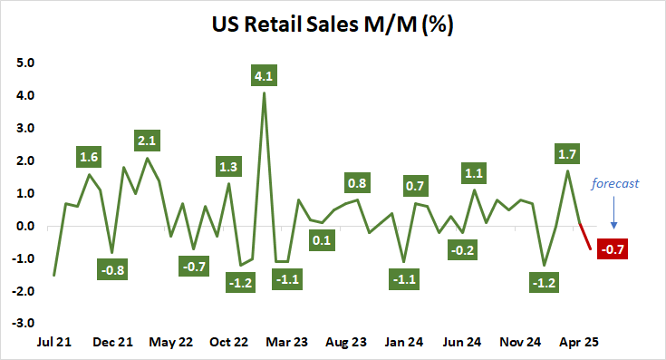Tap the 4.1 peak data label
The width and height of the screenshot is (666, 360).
(264, 74)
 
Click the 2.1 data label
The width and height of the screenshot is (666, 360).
(147, 141)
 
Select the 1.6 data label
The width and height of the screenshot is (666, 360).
(89, 158)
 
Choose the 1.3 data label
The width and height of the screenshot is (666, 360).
(228, 166)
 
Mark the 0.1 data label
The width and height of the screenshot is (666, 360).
(322, 240)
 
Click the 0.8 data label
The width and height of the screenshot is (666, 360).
(357, 181)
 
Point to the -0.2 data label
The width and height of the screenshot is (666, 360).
(463, 249)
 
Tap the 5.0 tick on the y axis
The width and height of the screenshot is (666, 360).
(23, 63)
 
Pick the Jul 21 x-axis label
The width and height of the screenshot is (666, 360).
(53, 343)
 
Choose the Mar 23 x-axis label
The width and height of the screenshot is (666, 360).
(287, 343)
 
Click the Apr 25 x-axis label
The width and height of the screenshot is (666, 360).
(577, 343)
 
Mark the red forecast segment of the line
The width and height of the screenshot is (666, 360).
(585, 236)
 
